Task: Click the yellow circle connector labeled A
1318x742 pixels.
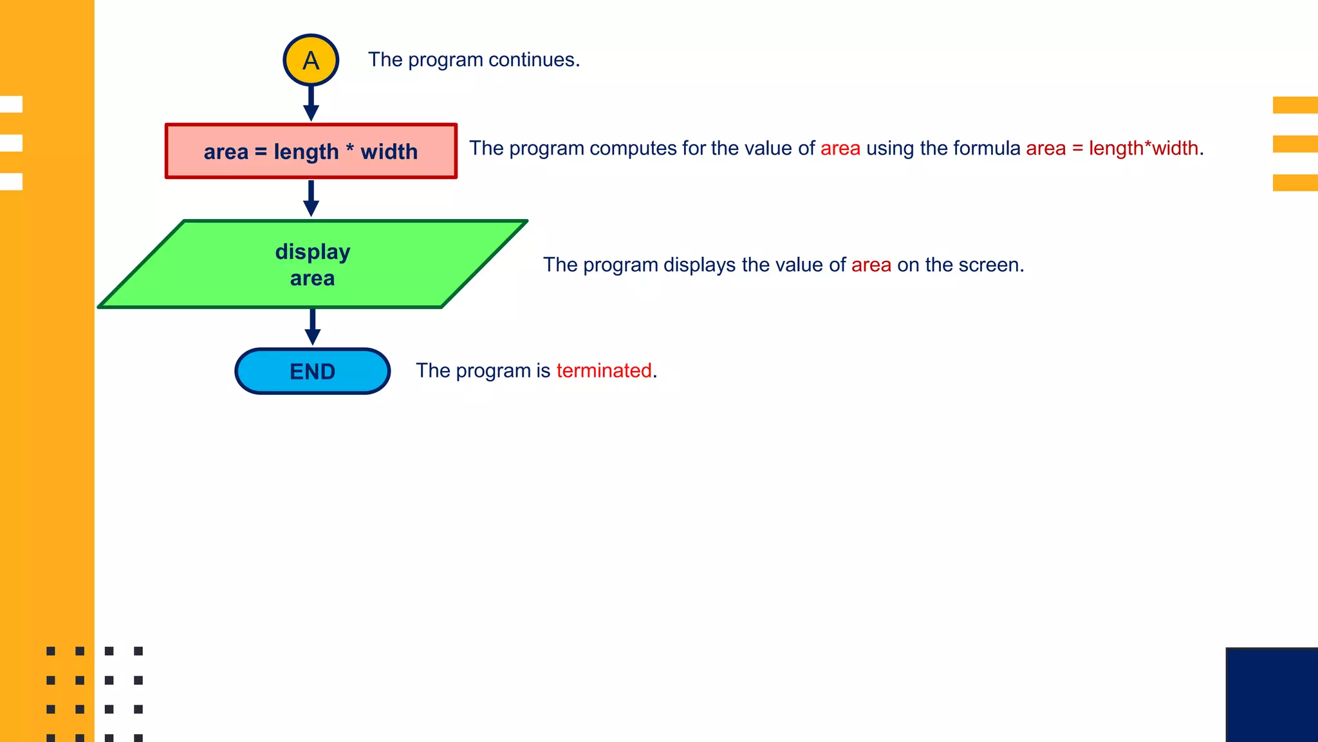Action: pos(311,60)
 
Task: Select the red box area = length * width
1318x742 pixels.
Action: pos(311,151)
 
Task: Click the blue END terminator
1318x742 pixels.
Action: pos(313,371)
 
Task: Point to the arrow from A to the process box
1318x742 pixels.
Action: pos(311,103)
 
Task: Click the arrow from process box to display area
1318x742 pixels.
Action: pos(311,198)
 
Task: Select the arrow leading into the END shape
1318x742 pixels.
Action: pos(313,327)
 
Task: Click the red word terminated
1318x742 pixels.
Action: pos(604,370)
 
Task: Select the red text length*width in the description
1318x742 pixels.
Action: pos(1143,148)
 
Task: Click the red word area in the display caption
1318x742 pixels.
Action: pos(871,265)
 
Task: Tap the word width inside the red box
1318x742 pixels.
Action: pos(389,151)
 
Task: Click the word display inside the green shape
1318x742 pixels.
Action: pos(313,251)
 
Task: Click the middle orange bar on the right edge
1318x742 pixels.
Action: pos(1295,144)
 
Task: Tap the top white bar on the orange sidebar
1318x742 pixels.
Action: pos(11,104)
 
